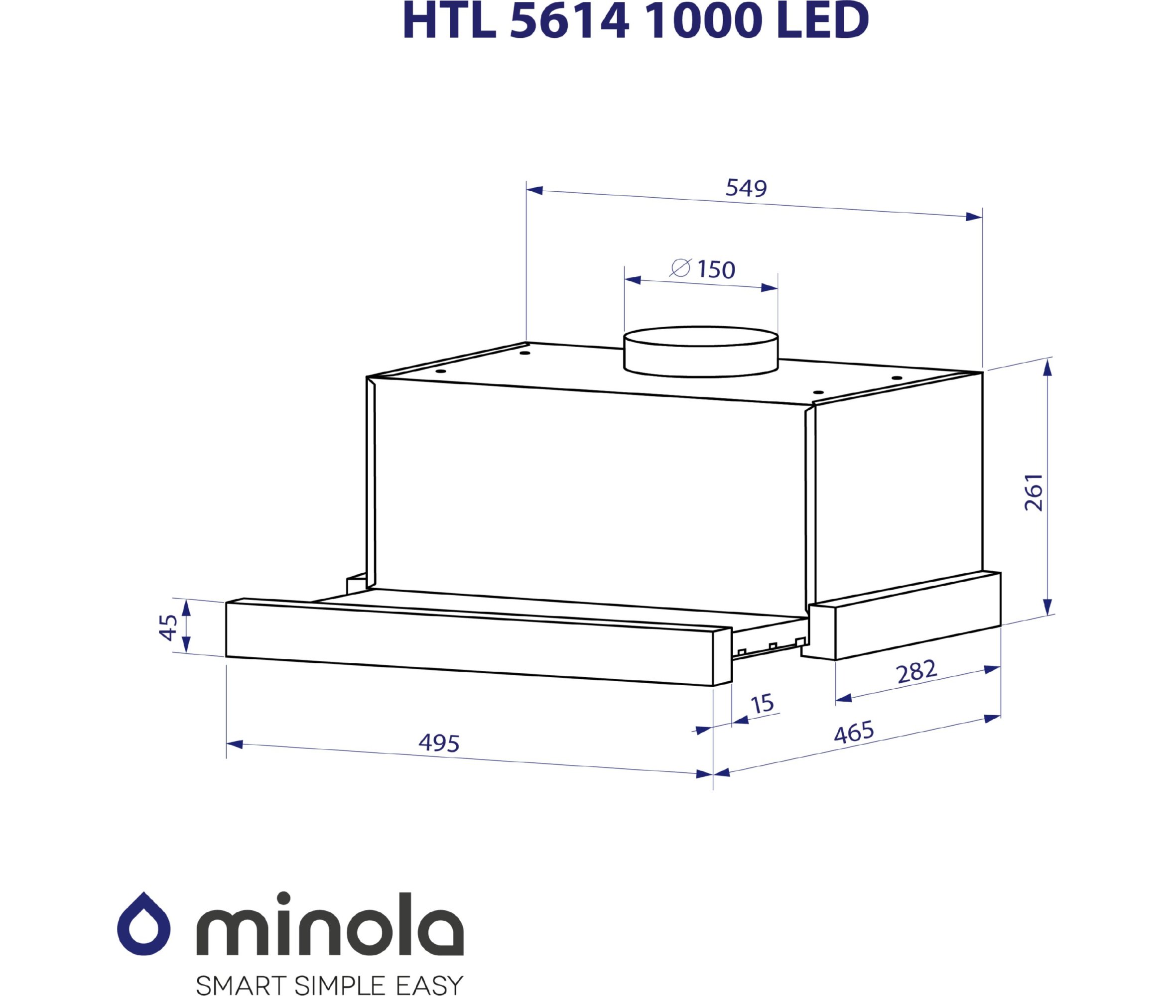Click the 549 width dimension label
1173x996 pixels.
pos(746,188)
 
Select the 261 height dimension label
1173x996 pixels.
pos(1034,493)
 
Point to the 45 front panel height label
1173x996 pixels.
pos(168,627)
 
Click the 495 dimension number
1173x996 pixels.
pos(439,743)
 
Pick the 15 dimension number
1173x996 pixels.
pos(762,704)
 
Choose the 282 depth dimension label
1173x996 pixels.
pos(916,671)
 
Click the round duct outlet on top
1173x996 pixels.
pos(700,351)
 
